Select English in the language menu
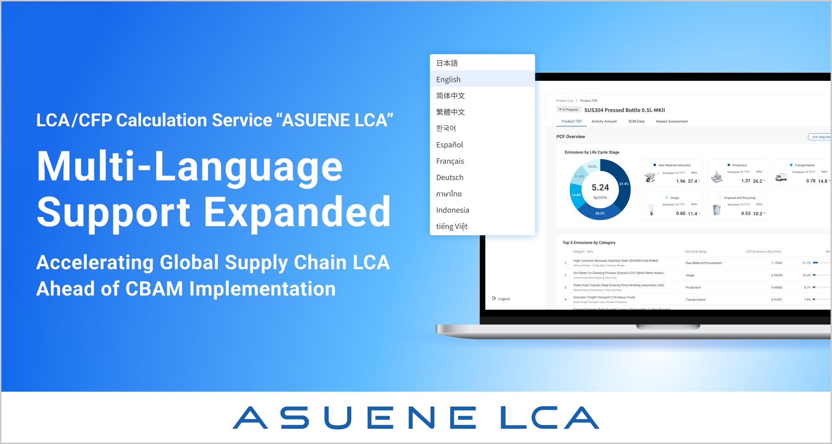click(448, 80)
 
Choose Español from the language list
click(449, 145)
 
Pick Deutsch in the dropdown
click(450, 178)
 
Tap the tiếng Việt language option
click(452, 227)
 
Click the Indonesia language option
click(453, 210)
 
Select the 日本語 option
click(447, 63)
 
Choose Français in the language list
click(450, 161)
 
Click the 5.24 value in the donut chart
click(600, 188)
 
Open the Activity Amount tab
click(604, 122)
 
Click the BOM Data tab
click(636, 122)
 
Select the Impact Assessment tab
click(671, 122)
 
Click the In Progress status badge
click(569, 110)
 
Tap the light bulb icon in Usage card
click(651, 210)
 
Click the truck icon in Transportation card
click(781, 177)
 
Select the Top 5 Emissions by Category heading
click(588, 243)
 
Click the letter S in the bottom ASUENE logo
click(294, 418)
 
